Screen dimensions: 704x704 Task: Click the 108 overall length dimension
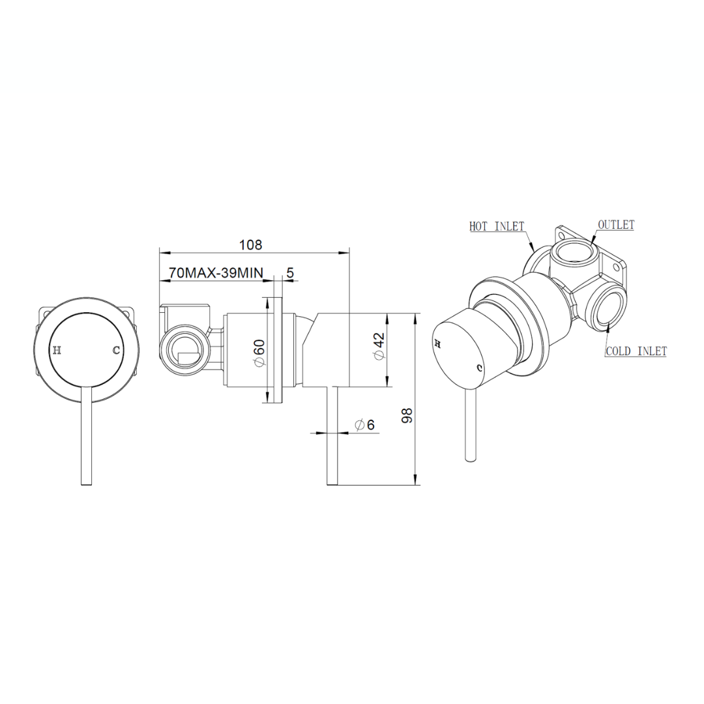tap(251, 245)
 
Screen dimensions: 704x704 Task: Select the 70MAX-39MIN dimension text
tap(216, 273)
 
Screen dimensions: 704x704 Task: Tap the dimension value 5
tap(290, 273)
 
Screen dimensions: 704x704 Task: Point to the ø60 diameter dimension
tap(259, 353)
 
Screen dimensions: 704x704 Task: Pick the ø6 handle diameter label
tap(365, 424)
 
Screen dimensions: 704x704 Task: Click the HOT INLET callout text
tap(497, 227)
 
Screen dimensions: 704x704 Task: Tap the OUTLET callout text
tap(616, 225)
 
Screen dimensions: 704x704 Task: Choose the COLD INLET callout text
tap(636, 351)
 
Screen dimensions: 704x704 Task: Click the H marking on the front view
tap(57, 350)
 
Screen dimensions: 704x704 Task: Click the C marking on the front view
tap(116, 350)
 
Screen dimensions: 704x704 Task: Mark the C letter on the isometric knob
tap(480, 368)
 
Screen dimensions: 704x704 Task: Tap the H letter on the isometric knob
tap(438, 342)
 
